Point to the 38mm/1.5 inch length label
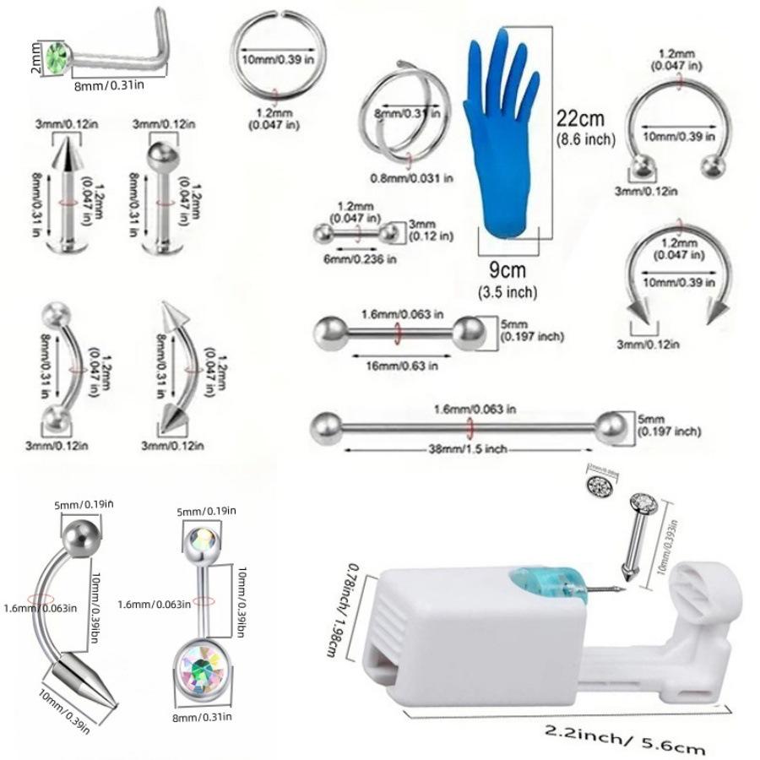(x=467, y=448)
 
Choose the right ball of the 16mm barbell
(x=464, y=330)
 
